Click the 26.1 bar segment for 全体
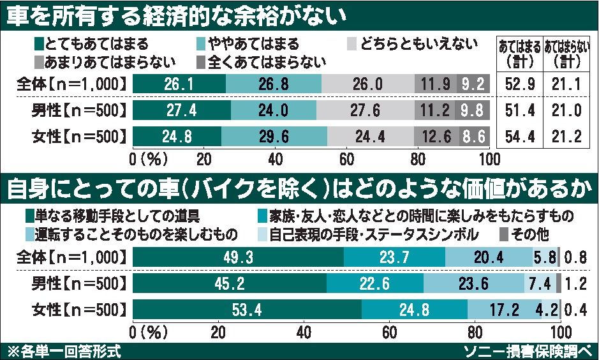[x=179, y=84]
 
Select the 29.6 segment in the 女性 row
[x=274, y=136]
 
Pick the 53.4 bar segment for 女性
[x=247, y=310]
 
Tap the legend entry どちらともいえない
[x=411, y=45]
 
